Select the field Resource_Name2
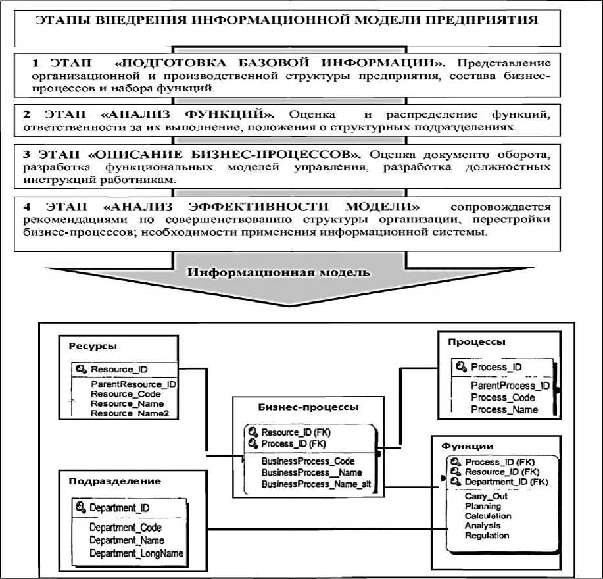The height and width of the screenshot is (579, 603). tap(128, 413)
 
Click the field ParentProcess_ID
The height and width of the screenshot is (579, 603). tap(510, 386)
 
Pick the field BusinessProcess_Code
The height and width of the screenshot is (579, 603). tap(308, 461)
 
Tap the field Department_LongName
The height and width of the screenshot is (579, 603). tap(137, 553)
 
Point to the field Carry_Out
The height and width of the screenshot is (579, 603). tap(486, 497)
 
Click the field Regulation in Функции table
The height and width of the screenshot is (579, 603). tap(487, 536)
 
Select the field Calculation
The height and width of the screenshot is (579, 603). tap(488, 516)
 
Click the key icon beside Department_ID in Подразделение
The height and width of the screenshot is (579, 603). tap(81, 507)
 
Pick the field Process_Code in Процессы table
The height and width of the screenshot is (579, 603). tap(503, 397)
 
